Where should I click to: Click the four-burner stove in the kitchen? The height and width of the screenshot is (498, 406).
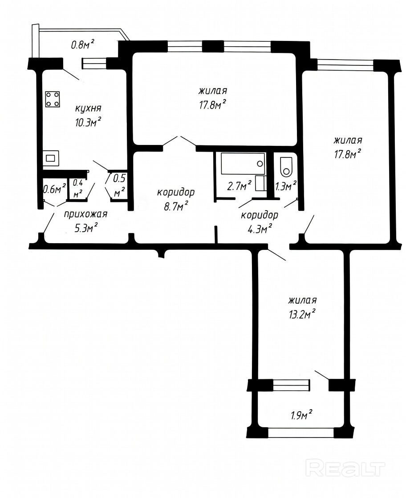(53, 99)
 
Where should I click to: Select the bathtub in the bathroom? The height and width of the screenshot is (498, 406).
(243, 164)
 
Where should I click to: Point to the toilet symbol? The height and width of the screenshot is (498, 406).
(286, 167)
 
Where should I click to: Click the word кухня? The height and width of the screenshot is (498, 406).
(88, 108)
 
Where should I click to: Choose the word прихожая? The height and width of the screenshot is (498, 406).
(86, 214)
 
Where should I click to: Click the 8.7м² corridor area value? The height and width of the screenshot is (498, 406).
(176, 206)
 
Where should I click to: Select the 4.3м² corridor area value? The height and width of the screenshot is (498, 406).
(260, 229)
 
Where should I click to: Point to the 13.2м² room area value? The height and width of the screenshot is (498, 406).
(302, 314)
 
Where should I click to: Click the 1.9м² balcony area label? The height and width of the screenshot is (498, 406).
(301, 415)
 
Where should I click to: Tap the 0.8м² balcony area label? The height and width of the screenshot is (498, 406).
(82, 44)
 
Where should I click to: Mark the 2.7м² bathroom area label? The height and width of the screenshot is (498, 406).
(240, 186)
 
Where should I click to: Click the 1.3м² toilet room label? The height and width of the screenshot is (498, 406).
(286, 186)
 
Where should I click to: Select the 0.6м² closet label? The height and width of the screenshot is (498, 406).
(54, 189)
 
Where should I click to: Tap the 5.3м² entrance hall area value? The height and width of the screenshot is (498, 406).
(86, 228)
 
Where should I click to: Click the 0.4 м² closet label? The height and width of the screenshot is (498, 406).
(78, 189)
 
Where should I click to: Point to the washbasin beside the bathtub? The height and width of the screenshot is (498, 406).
(261, 183)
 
